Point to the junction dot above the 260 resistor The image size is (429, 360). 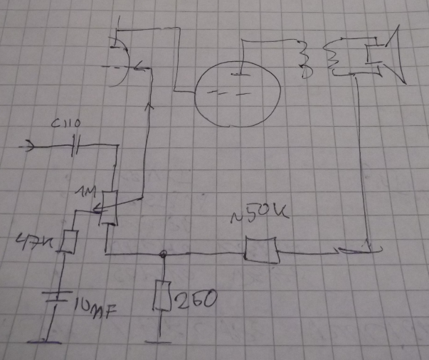coord(164,253)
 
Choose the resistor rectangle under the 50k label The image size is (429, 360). coord(262,251)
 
